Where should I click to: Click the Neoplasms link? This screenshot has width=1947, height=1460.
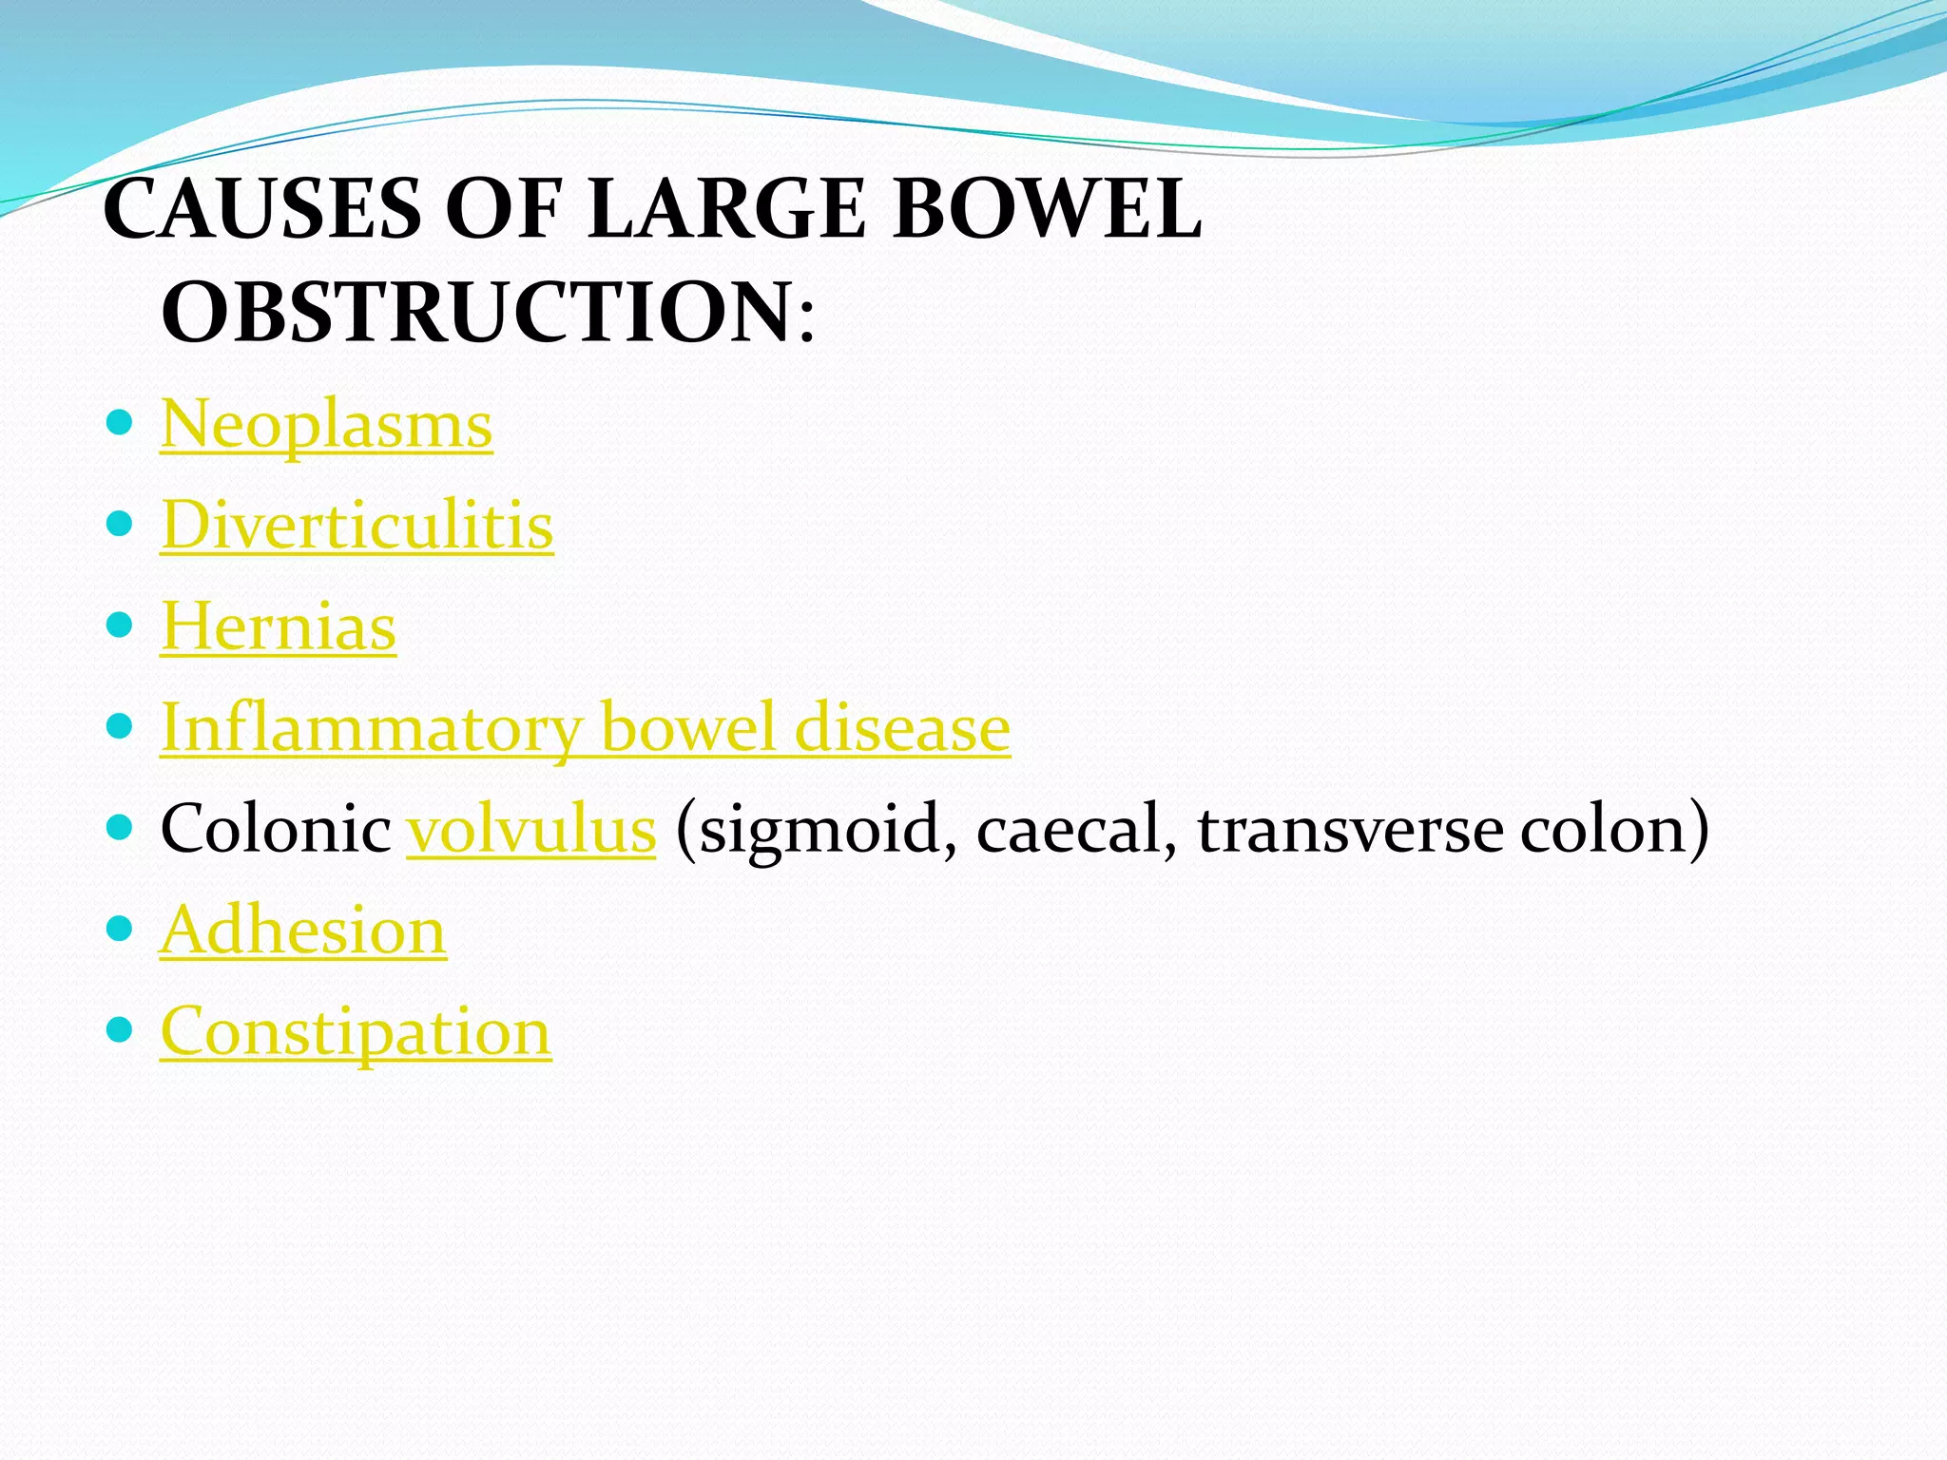326,425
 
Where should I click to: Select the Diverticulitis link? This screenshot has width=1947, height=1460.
357,526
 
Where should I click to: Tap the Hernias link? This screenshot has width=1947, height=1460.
278,627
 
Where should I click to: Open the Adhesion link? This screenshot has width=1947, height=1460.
302,931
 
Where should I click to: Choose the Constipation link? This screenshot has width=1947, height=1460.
356,1032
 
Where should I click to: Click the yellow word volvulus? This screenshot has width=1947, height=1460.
531,830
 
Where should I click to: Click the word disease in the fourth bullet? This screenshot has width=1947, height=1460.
902,728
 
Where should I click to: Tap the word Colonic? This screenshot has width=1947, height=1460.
276,829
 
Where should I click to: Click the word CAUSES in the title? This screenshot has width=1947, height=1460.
262,209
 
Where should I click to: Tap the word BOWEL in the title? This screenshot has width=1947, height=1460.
1047,209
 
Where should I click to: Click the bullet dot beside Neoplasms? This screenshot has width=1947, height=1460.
119,422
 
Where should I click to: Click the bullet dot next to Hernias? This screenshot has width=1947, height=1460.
119,624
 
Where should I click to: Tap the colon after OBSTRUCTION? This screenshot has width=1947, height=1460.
806,322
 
